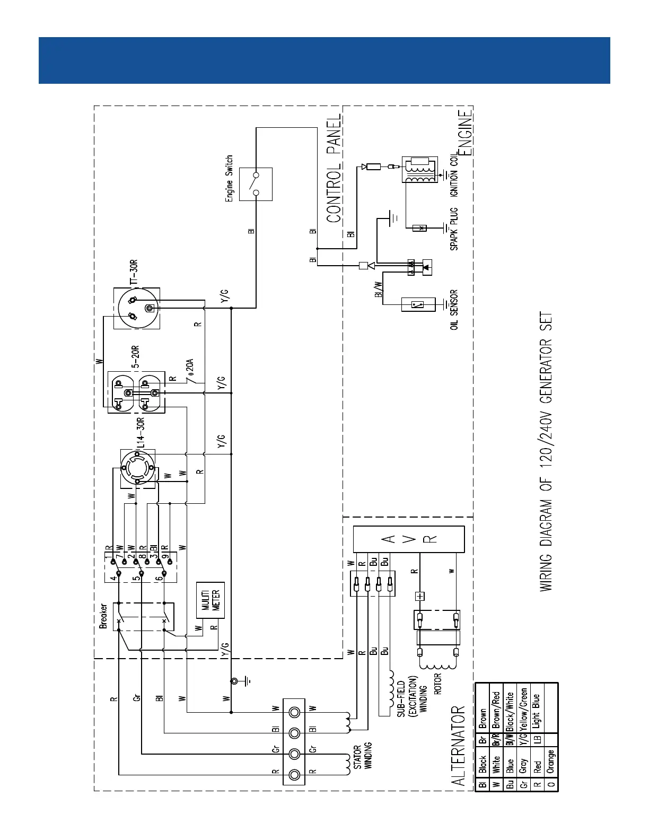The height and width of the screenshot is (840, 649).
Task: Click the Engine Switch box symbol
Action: click(256, 184)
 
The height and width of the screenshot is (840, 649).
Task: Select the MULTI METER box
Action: click(210, 600)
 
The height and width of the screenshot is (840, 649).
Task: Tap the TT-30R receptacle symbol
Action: click(137, 308)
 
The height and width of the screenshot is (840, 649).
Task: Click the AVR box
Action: click(409, 539)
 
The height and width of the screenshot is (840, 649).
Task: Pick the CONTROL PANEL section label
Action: click(334, 169)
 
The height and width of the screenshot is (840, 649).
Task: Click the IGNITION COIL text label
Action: click(454, 175)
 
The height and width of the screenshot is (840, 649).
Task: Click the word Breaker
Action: click(103, 616)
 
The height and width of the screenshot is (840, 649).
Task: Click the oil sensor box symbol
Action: click(418, 305)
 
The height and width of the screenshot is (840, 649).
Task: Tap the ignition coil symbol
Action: click(419, 170)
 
